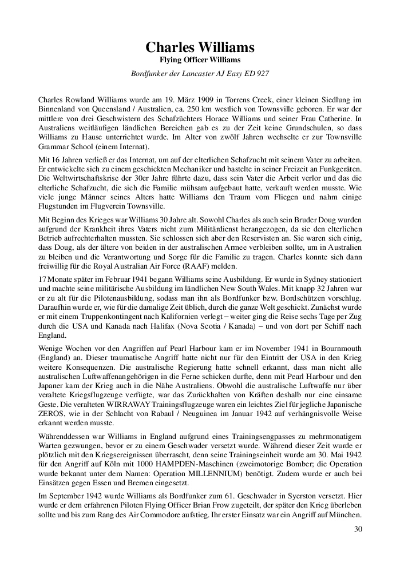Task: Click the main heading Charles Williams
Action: tap(200, 47)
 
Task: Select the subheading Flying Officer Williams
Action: tap(200, 59)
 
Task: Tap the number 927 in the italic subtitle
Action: tap(262, 73)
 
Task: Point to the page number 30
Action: tap(358, 529)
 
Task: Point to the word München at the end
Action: tap(346, 522)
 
